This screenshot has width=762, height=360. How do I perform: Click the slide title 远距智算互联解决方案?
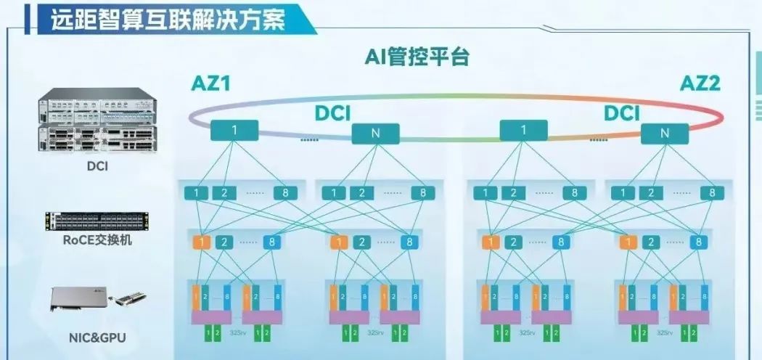click(x=168, y=20)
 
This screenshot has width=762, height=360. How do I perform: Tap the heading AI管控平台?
click(x=417, y=57)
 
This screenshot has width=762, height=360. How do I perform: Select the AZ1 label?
click(x=210, y=84)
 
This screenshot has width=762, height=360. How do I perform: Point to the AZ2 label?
click(x=700, y=84)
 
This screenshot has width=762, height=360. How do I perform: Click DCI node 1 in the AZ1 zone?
click(x=234, y=131)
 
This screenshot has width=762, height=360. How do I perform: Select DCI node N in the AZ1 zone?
click(x=376, y=134)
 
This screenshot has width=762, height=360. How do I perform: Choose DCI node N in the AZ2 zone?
click(x=665, y=134)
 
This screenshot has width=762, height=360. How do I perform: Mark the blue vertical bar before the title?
click(x=26, y=20)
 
